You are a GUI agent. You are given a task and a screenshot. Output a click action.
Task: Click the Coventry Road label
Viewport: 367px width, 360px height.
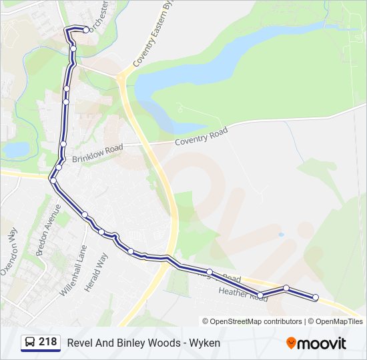[201, 137]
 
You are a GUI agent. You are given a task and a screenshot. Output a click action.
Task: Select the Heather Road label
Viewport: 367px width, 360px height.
[242, 295]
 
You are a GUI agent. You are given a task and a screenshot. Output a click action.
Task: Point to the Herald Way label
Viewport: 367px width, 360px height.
[96, 271]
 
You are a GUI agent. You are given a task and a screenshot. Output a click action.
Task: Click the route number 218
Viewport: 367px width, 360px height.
[47, 342]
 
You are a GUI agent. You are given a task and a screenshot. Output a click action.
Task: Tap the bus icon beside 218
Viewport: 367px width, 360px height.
[30, 343]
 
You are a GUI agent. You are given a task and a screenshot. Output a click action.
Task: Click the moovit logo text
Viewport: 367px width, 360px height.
[322, 343]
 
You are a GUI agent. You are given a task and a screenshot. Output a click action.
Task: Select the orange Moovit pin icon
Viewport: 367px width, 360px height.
[291, 343]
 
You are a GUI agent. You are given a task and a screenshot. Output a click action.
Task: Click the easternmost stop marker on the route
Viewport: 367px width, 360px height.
[316, 297]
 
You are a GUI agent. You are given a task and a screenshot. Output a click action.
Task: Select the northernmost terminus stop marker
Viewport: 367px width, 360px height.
[87, 30]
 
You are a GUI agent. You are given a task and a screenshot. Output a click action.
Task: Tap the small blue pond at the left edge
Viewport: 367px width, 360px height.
[16, 149]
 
